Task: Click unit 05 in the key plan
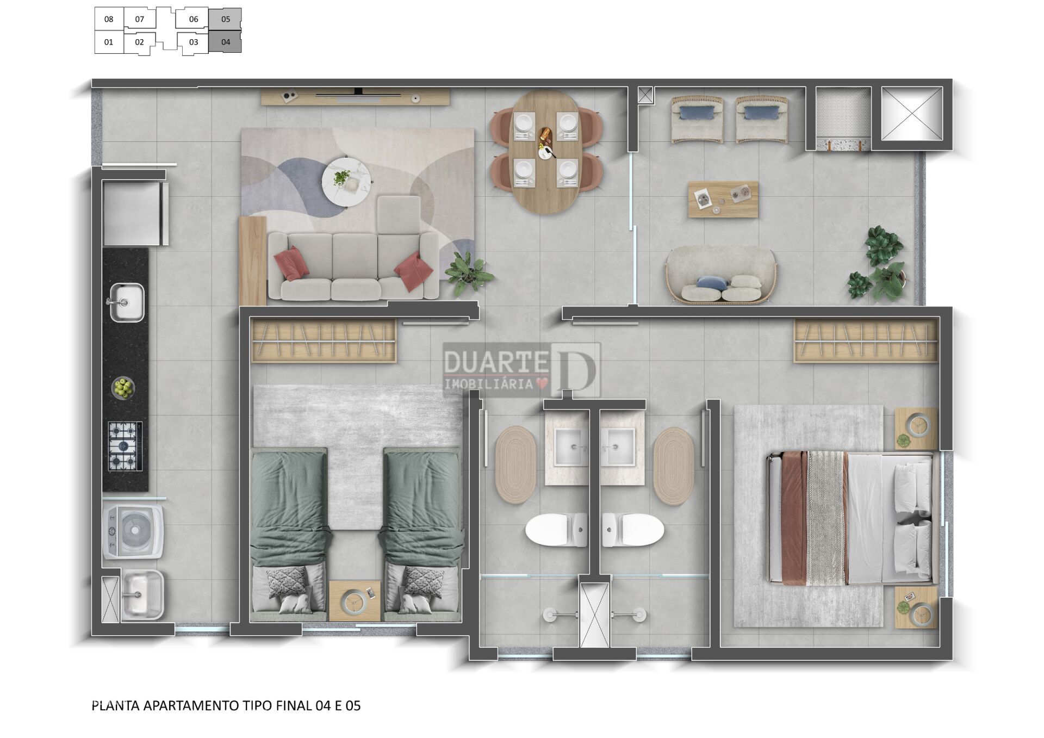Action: (225, 19)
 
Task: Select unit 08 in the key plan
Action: (109, 19)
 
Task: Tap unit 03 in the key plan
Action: (194, 42)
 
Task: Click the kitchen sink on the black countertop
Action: (127, 302)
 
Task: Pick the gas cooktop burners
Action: (125, 446)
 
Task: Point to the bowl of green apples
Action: (123, 388)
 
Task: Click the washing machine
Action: (133, 531)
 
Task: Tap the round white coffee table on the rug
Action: (346, 182)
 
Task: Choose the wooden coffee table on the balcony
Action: (723, 199)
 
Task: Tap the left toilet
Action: (556, 529)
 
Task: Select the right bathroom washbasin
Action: (618, 447)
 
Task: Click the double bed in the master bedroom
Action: (852, 518)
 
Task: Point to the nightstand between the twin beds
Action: (355, 600)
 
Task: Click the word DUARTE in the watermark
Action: (495, 362)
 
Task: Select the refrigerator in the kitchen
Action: (135, 214)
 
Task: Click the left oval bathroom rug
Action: (515, 464)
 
